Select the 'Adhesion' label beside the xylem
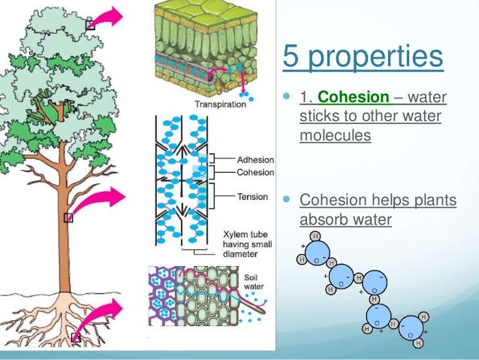(255, 160)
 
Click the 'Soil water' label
(255, 283)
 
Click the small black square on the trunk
(68, 218)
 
